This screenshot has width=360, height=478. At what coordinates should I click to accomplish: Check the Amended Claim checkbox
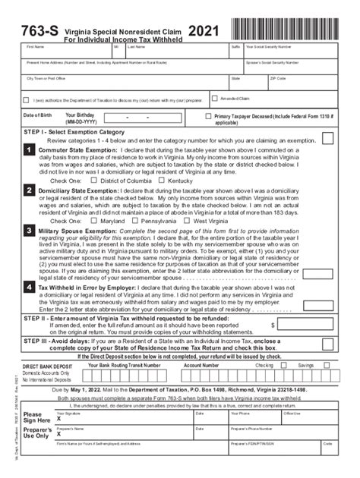[x=215, y=98]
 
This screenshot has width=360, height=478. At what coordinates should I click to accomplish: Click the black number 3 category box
[x=27, y=230]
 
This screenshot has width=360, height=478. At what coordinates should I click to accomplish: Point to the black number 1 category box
[x=27, y=151]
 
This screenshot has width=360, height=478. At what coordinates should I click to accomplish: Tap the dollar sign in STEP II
[x=272, y=324]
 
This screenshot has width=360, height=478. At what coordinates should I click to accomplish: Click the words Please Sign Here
[x=35, y=417]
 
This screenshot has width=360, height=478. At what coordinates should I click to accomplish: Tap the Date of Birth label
[x=38, y=115]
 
